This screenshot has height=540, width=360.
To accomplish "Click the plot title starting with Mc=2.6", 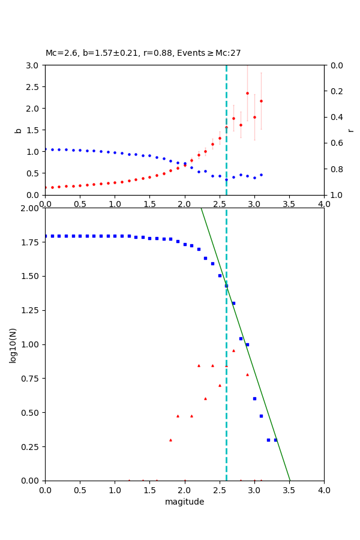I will pyautogui.click(x=143, y=53).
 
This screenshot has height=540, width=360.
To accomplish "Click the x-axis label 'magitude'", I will pyautogui.click(x=184, y=502).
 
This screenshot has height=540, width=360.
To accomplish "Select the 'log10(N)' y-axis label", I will pyautogui.click(x=13, y=344).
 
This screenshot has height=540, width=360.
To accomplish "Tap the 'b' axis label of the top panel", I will pyautogui.click(x=18, y=130).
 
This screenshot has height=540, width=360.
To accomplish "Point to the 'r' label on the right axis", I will pyautogui.click(x=350, y=130).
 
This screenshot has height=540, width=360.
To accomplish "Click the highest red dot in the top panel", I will pyautogui.click(x=247, y=93).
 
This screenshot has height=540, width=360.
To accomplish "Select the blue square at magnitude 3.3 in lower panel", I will pyautogui.click(x=275, y=440).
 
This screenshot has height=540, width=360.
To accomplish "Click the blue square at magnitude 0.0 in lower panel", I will pyautogui.click(x=46, y=236).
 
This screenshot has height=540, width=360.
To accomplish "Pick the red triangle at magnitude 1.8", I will pyautogui.click(x=170, y=440).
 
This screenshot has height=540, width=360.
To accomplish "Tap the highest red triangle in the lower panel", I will pyautogui.click(x=233, y=350).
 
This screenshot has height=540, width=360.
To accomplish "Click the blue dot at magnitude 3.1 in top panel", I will pyautogui.click(x=261, y=175).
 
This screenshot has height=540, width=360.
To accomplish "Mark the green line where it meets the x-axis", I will pyautogui.click(x=289, y=480).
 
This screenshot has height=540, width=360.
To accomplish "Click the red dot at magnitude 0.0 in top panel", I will pyautogui.click(x=46, y=187).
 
